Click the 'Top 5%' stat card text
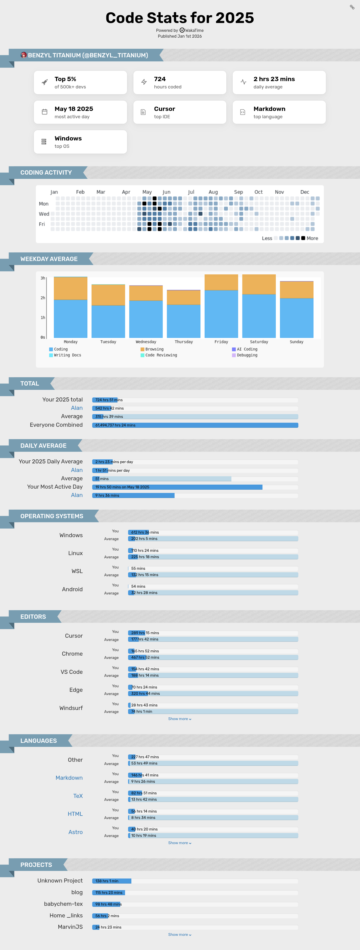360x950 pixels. click(x=65, y=79)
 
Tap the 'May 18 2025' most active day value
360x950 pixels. click(x=74, y=109)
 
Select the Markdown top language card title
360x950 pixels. click(x=269, y=109)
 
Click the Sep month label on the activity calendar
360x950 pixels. click(x=238, y=192)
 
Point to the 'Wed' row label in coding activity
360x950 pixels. click(x=44, y=214)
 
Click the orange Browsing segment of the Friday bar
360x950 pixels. click(x=221, y=282)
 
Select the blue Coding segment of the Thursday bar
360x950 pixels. click(x=184, y=321)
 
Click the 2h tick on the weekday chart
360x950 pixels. click(x=43, y=298)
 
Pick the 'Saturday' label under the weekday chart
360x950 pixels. click(x=259, y=342)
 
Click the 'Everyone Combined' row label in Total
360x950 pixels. click(x=56, y=425)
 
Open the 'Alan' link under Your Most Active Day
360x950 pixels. click(x=77, y=495)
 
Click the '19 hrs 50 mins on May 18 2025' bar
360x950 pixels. click(x=177, y=487)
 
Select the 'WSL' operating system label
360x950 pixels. click(x=77, y=571)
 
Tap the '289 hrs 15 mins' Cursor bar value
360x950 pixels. click(x=145, y=633)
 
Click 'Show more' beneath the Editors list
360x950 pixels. click(x=180, y=719)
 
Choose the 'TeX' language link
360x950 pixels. click(x=78, y=796)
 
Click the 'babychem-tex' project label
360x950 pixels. click(x=63, y=904)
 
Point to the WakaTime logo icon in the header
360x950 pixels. click(x=182, y=30)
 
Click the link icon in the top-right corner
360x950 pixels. click(x=352, y=7)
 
